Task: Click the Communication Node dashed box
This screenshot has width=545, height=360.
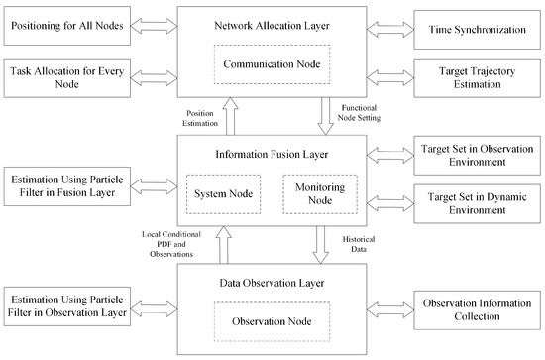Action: pos(272,66)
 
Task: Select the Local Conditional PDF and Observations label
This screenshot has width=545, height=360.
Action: pos(177,245)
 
